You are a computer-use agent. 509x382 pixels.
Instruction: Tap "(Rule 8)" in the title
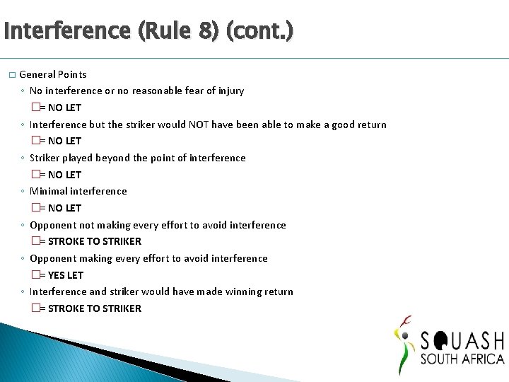[x=174, y=31]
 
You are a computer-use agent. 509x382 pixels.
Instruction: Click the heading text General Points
[x=53, y=74]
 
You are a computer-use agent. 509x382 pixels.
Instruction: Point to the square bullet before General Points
[x=11, y=75]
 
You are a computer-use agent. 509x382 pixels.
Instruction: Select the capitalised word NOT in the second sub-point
[x=199, y=125]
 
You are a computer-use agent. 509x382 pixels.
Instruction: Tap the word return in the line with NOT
[x=370, y=125]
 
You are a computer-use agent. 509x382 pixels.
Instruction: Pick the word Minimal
[x=48, y=191]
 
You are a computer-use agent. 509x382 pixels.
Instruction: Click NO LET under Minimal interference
[x=64, y=208]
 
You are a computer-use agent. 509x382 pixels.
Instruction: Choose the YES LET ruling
[x=66, y=275]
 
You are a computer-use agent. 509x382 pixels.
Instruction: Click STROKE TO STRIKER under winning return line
[x=95, y=308]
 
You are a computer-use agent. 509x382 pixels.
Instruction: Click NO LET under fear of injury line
[x=64, y=108]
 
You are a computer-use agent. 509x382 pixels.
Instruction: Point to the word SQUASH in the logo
[x=462, y=340]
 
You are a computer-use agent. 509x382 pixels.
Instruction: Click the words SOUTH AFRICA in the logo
[x=462, y=359]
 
